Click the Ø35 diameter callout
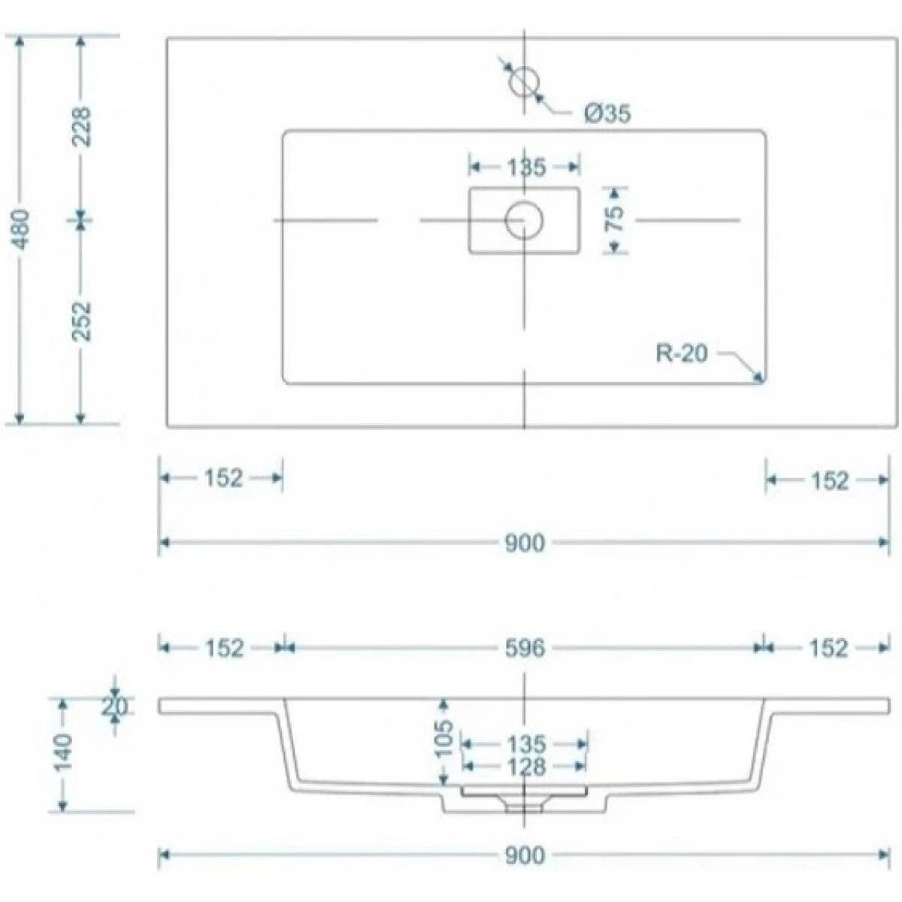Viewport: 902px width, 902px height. [607, 114]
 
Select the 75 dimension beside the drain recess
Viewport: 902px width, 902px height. [615, 218]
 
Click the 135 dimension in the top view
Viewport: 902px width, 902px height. [526, 167]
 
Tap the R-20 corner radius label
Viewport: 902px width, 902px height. [682, 353]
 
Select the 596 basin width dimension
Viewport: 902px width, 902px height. [525, 648]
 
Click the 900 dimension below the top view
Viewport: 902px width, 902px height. [525, 543]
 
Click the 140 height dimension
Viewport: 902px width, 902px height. [62, 752]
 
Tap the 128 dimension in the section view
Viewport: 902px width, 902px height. [525, 767]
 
